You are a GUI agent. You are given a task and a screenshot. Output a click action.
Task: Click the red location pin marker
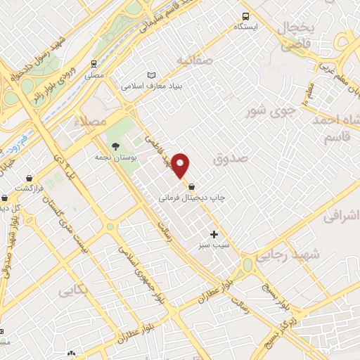click(181, 165)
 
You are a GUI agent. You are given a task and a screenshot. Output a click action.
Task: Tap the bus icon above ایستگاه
click(245, 16)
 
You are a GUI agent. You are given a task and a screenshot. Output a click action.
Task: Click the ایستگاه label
click(246, 27)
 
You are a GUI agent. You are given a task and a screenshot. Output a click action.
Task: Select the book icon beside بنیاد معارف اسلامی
click(151, 75)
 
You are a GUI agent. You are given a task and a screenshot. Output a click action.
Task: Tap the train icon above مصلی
click(94, 62)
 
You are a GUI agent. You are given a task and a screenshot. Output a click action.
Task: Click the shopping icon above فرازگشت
click(29, 179)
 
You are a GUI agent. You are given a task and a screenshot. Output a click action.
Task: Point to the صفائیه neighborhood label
click(194, 60)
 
